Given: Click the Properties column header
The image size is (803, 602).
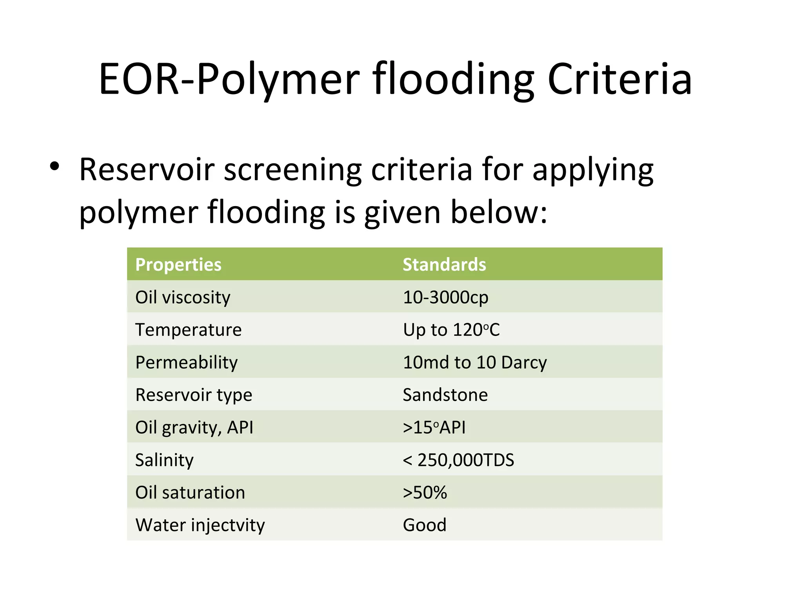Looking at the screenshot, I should (178, 265).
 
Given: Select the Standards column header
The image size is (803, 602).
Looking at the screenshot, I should (444, 265).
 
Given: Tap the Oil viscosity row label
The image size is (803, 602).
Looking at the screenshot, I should (183, 297).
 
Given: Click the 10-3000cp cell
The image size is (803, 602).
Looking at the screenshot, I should (445, 297).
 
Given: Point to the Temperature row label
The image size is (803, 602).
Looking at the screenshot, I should (188, 330).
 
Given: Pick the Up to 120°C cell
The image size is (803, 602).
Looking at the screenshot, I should (451, 330).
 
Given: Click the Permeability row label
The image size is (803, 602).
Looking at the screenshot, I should (186, 362).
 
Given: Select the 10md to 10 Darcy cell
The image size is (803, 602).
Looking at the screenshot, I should (474, 362).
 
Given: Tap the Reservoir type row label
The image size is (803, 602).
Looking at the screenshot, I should (194, 395).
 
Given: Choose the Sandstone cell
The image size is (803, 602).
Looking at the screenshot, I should (445, 395).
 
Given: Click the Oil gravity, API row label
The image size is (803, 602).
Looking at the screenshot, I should (194, 427).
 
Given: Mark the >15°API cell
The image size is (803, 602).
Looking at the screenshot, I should (434, 427).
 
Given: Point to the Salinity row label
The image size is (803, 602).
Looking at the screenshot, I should (164, 460).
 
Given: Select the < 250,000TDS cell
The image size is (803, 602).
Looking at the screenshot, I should (458, 460).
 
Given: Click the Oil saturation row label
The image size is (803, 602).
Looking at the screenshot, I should (190, 492).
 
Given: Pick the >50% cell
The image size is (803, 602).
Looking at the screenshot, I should (425, 492).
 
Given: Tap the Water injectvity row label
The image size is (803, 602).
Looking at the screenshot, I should (200, 525).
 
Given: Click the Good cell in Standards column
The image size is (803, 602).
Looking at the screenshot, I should (425, 525).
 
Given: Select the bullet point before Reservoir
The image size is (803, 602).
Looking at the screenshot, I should (55, 166).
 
